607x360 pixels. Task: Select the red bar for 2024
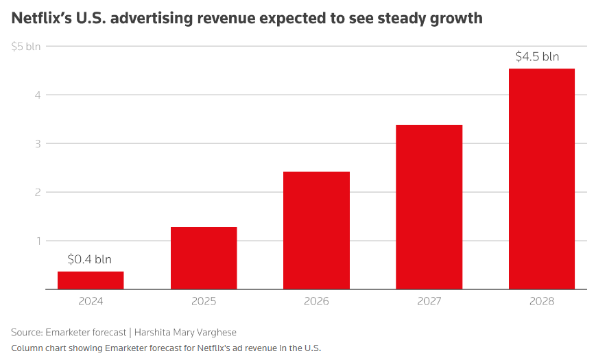coord(91,280)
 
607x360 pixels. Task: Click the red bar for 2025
coord(204,258)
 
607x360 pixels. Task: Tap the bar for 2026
coord(316,230)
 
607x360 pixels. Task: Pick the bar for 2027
coord(429,207)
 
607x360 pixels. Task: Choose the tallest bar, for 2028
coord(542,179)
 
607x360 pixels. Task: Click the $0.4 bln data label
coord(90,260)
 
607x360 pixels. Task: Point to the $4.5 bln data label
coord(537,57)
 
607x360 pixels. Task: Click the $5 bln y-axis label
coord(26,47)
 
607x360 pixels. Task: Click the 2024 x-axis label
coord(91,301)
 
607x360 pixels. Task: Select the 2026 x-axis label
coord(316,301)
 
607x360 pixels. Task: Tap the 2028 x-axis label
coord(542,301)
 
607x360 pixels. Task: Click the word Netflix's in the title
coord(44,19)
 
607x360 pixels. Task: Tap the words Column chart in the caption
coord(38,348)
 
